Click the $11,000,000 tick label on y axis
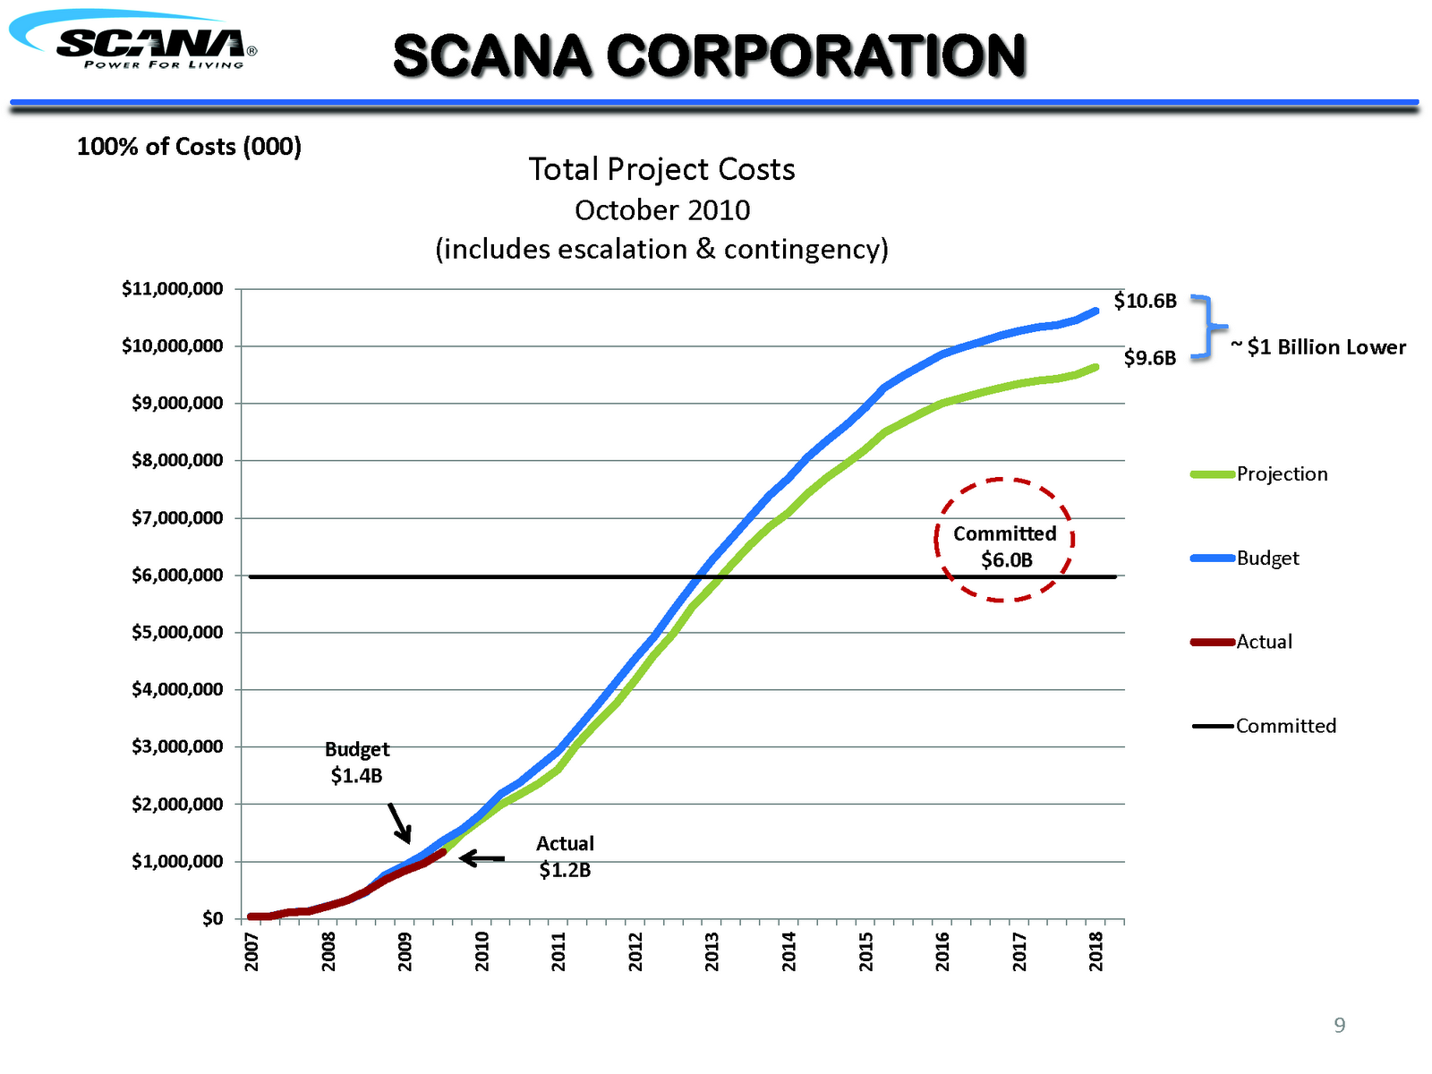pos(173,289)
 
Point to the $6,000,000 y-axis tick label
pos(177,575)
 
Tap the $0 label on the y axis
pos(212,918)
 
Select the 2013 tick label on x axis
pos(712,951)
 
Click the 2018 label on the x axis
pos(1096,951)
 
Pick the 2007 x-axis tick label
pos(251,951)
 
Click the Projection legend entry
pos(1281,474)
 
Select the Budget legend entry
pos(1266,558)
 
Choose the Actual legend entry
pos(1263,642)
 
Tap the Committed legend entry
pos(1284,726)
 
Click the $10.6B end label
pos(1145,301)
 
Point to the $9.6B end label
pos(1149,359)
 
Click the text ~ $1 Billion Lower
pos(1318,347)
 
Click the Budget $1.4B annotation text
pos(356,762)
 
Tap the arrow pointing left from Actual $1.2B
pos(482,858)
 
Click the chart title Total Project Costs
pos(661,169)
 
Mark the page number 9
pos(1339,1026)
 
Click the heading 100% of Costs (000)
pos(189,147)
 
